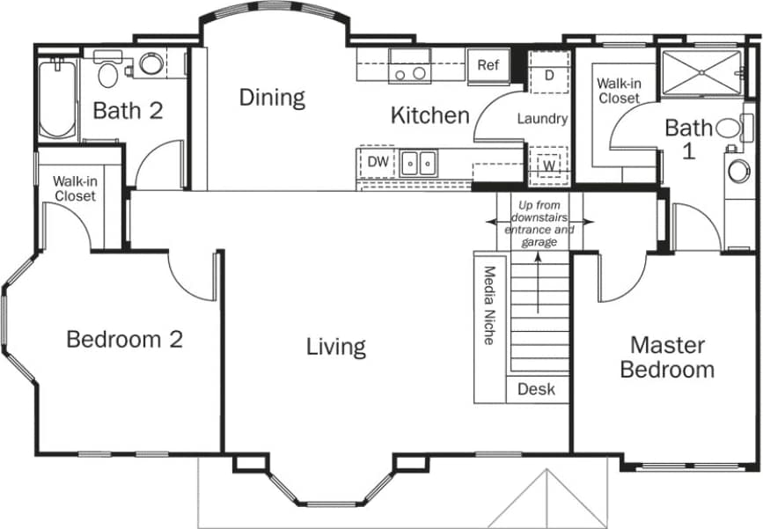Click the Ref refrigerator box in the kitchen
[488, 65]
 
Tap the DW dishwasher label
[378, 162]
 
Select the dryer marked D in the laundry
[549, 75]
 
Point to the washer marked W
[548, 165]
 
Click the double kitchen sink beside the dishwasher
[419, 163]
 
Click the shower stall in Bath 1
[701, 71]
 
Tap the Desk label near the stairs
[536, 389]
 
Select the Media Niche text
[489, 305]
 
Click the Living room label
[335, 347]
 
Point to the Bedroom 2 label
[125, 340]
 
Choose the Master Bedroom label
[666, 356]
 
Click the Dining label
[272, 98]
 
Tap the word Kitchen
[429, 115]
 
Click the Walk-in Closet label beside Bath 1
[619, 92]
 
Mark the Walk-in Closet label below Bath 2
[75, 189]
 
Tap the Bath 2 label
[128, 112]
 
